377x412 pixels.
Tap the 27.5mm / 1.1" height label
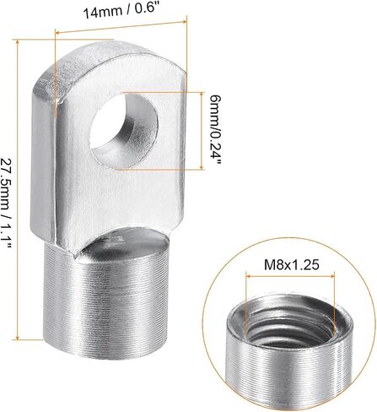coord(7,203)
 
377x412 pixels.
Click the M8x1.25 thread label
coord(292,264)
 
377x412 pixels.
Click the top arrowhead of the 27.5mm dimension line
coord(18,42)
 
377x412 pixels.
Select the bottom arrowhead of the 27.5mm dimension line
coord(18,337)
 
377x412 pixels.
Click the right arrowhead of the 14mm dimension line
coord(185,21)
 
